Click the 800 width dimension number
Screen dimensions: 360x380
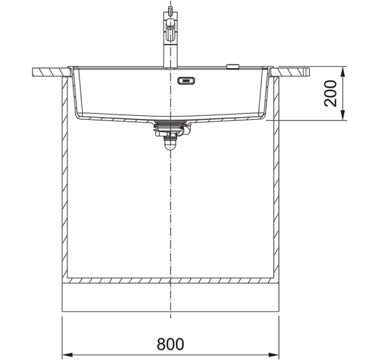170,343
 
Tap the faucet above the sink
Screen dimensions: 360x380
170,39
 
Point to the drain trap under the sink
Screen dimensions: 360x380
170,134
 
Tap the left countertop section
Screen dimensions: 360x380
49,70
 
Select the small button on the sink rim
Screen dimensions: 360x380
233,65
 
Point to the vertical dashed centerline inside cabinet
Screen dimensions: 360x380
170,209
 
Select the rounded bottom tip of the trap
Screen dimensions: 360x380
170,147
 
